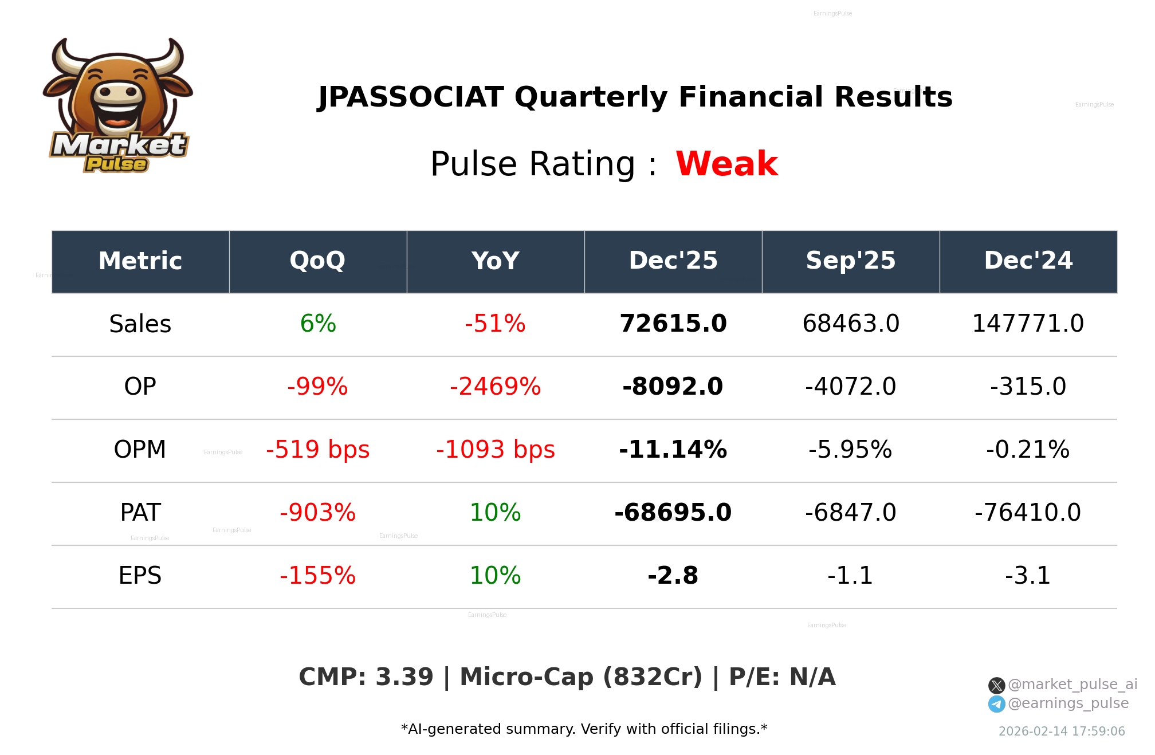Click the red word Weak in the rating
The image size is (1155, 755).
pos(726,164)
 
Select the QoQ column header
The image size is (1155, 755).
pos(317,261)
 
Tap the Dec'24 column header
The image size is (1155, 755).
pos(1028,261)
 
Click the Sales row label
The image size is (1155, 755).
pos(140,324)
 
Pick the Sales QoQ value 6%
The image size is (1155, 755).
pos(317,324)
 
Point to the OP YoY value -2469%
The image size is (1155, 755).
pos(495,387)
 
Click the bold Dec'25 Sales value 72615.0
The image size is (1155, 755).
pos(673,324)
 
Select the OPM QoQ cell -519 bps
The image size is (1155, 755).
pos(317,450)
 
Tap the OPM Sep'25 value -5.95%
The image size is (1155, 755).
pos(850,450)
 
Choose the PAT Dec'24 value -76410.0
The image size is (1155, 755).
pos(1028,513)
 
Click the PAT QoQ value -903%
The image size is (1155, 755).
pos(317,513)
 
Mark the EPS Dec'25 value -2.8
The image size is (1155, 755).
pos(673,576)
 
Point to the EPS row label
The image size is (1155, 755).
pos(140,576)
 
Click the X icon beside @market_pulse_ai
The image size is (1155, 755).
pos(996,685)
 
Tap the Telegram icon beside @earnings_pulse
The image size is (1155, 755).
pos(996,704)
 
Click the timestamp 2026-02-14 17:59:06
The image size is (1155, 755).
pos(1061,732)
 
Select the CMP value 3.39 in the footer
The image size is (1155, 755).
pos(404,677)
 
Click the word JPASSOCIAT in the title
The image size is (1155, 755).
pos(411,97)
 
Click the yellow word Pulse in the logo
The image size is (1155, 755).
pos(116,164)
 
